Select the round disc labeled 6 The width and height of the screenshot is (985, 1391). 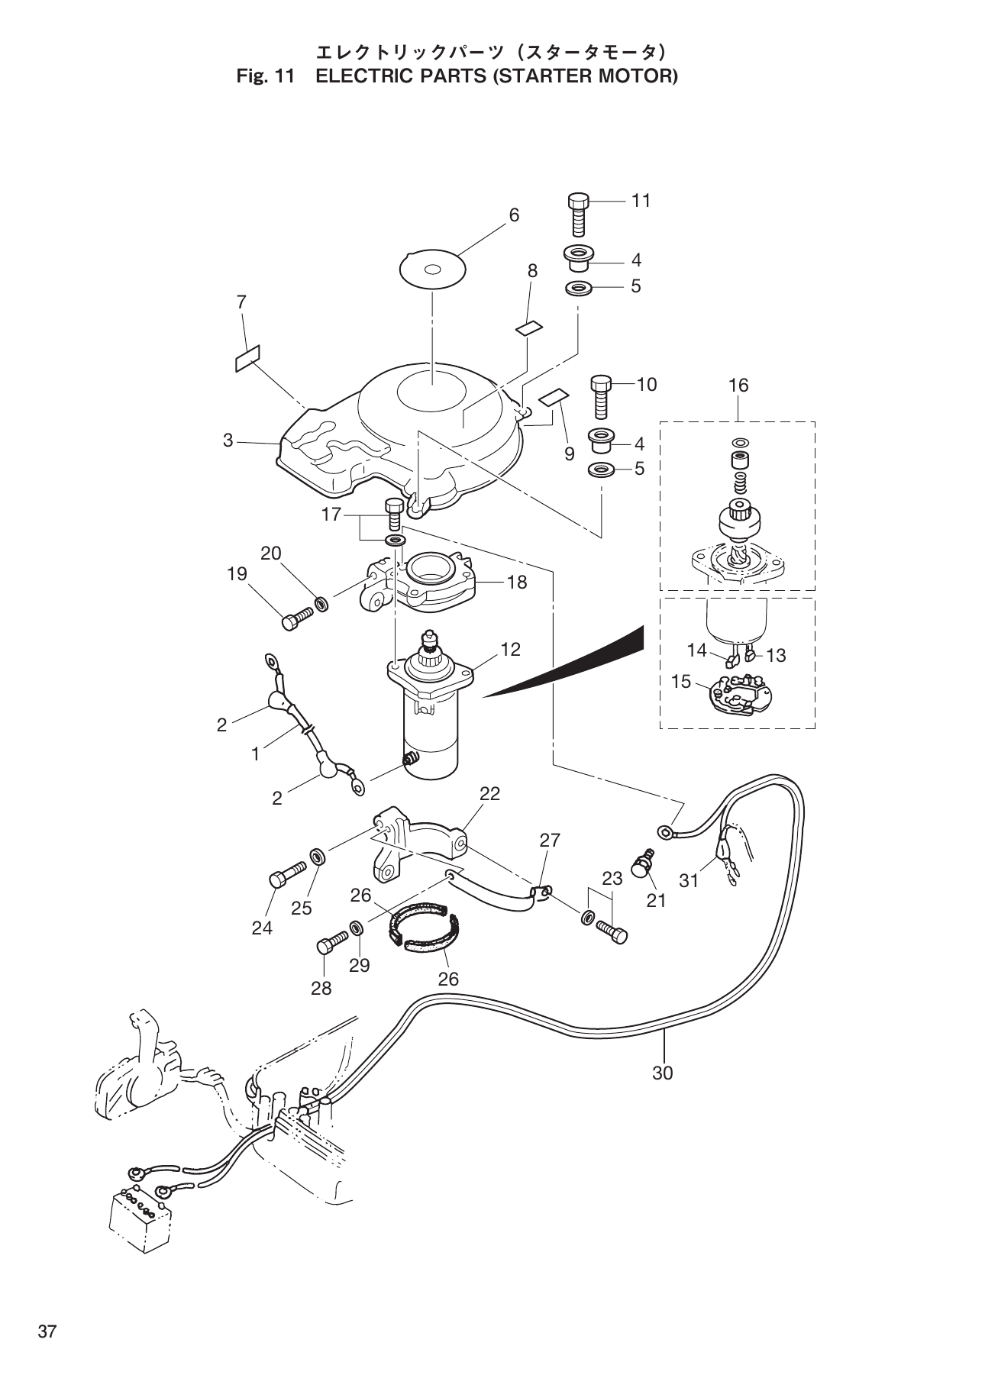[433, 269]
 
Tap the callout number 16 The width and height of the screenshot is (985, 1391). [738, 386]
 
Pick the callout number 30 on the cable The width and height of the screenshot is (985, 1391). [662, 1073]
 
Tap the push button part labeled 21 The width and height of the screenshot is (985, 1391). [641, 865]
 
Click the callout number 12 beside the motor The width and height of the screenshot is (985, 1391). [510, 650]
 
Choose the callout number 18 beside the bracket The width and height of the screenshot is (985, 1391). [516, 583]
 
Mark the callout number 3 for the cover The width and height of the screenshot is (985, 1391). [228, 441]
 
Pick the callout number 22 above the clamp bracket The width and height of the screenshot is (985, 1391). [489, 793]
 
